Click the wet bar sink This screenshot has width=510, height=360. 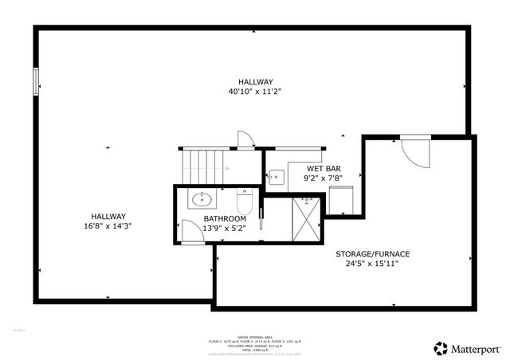pyautogui.click(x=277, y=177)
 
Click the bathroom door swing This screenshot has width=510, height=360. pyautogui.click(x=192, y=232)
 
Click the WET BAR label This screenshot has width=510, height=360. pyautogui.click(x=324, y=169)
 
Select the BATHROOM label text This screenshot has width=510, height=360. pyautogui.click(x=224, y=218)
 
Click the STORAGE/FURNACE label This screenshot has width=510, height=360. pyautogui.click(x=373, y=253)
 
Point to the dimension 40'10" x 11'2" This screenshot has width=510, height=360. pyautogui.click(x=255, y=92)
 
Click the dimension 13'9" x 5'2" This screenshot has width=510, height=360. pyautogui.click(x=224, y=228)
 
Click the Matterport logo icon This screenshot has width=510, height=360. pyautogui.click(x=440, y=348)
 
